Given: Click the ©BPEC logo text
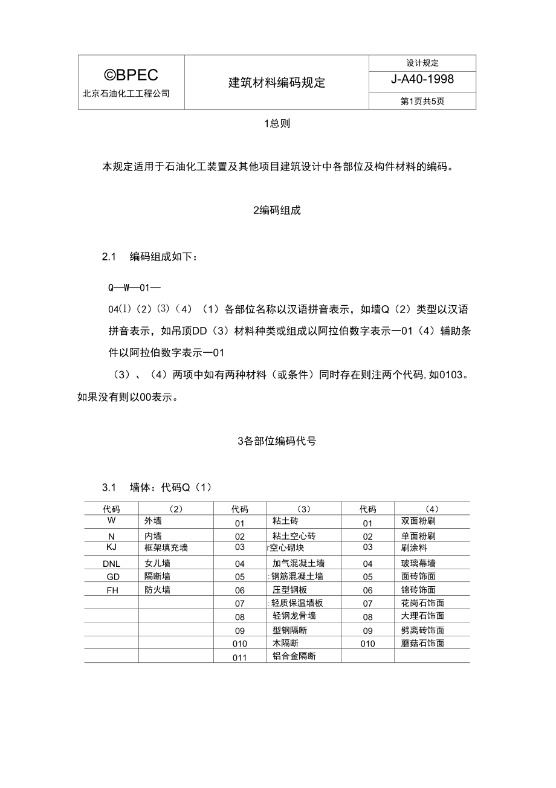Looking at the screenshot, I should click(131, 75).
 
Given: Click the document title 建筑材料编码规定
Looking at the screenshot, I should click(277, 83).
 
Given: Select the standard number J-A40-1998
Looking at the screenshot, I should click(422, 80).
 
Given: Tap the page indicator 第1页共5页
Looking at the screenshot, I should click(422, 102).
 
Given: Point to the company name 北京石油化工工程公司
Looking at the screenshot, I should click(126, 94).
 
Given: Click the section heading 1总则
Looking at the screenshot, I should click(277, 124).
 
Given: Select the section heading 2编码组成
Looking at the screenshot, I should click(277, 210).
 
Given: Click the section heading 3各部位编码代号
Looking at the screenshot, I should click(277, 441).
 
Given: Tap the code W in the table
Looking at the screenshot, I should click(112, 520).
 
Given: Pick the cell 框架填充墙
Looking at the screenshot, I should click(166, 548).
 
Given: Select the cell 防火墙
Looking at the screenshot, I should click(157, 590).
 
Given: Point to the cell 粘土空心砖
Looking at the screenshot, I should click(294, 536).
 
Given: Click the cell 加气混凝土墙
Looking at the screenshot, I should click(298, 563).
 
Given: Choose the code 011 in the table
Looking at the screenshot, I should click(240, 657).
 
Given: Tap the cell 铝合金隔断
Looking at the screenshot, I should click(294, 656).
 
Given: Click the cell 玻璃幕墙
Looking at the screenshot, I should click(418, 563).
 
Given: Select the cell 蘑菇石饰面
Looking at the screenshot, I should click(422, 643).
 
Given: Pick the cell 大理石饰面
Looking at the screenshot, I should click(422, 616).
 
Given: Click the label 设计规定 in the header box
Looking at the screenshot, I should click(422, 63).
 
